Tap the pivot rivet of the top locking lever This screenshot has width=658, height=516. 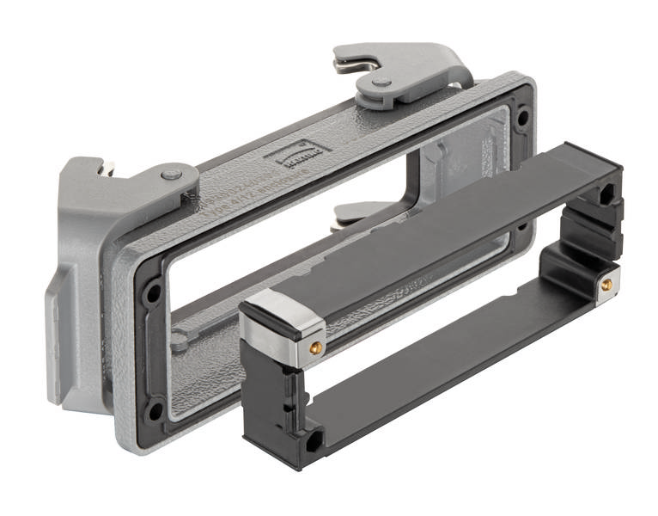tap(381, 83)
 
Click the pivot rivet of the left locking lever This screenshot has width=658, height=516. tap(173, 175)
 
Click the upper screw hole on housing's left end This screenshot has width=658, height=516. tap(153, 292)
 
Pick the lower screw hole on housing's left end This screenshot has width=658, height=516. tap(154, 408)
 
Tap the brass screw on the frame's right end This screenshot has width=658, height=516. tap(607, 283)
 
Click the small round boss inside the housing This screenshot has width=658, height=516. tap(179, 341)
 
